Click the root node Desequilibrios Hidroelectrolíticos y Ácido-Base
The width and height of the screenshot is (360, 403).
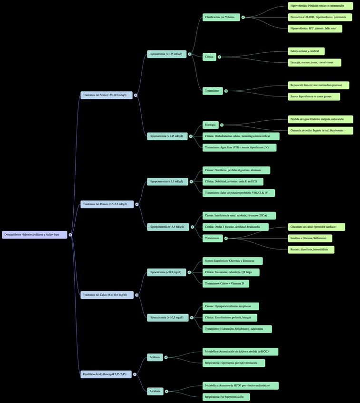(x=34, y=235)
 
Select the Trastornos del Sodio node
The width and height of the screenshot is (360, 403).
(x=106, y=95)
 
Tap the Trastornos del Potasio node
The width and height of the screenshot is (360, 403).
(x=107, y=204)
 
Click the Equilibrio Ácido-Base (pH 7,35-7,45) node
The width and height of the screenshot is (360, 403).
(x=106, y=374)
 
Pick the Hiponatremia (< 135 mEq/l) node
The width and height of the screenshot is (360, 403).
(x=166, y=54)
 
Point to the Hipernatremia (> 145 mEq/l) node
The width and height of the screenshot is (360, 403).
(x=167, y=136)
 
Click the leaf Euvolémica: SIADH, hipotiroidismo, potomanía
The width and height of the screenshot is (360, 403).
(x=320, y=17)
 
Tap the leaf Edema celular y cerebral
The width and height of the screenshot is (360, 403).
(x=306, y=51)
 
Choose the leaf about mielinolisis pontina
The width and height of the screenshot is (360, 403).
(x=318, y=86)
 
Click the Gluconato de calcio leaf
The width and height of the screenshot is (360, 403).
(x=316, y=227)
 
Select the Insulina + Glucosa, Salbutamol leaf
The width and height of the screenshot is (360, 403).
(x=310, y=239)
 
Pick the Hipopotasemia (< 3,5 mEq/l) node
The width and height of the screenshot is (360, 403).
(x=167, y=182)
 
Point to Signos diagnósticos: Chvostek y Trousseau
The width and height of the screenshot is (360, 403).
(x=233, y=261)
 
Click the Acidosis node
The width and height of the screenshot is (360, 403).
(x=155, y=357)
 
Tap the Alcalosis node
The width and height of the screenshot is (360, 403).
(x=155, y=391)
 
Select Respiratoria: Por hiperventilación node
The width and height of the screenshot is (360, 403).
(x=226, y=397)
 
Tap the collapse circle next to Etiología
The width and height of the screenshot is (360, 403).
(x=222, y=125)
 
